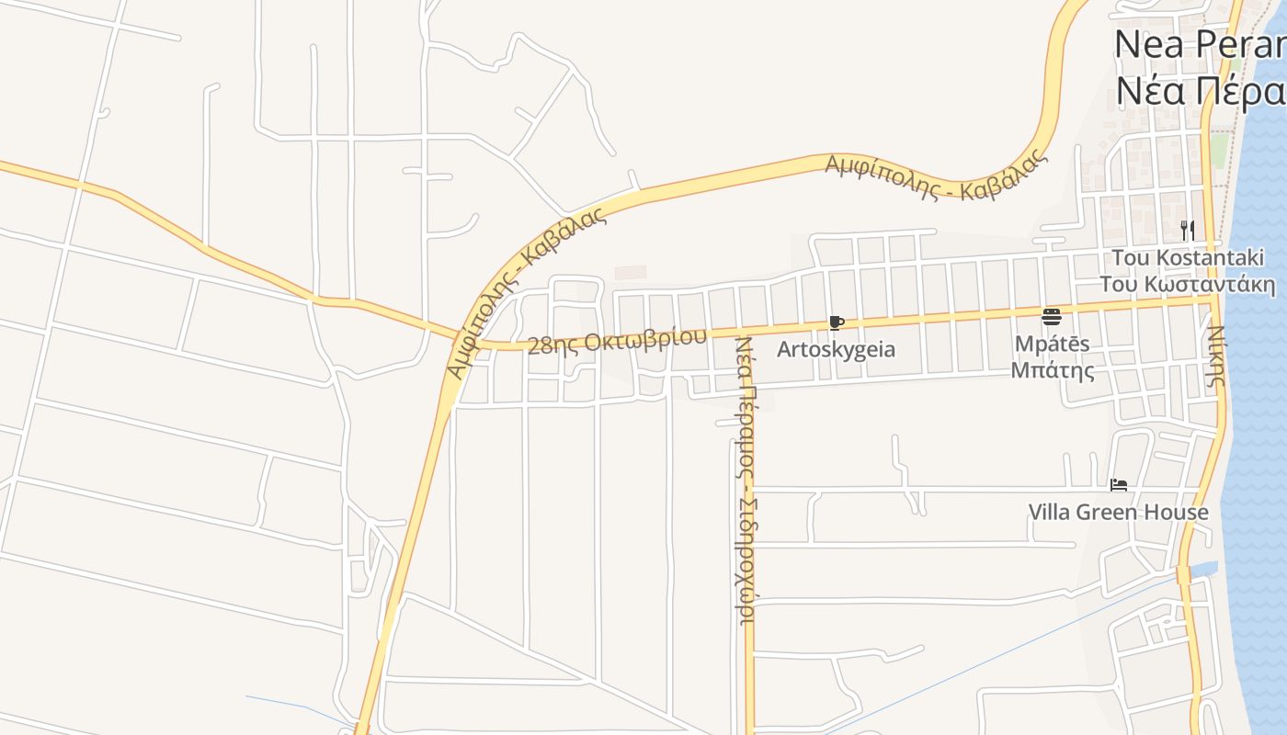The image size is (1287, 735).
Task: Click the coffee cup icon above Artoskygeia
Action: point(836,323)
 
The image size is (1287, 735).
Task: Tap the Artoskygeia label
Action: point(836,350)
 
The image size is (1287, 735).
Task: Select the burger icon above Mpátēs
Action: point(1052,318)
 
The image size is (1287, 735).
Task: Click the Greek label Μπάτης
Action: point(1053,370)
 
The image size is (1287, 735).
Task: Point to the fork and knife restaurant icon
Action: point(1187,229)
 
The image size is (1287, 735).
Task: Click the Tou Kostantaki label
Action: point(1193,257)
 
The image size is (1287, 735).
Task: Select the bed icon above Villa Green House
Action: point(1118,485)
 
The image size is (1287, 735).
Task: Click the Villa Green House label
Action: point(1118,512)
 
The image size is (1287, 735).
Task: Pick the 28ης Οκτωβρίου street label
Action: point(618,340)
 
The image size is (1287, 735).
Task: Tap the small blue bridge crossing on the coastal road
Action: point(1183,574)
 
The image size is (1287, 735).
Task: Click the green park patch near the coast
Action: point(1219,151)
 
